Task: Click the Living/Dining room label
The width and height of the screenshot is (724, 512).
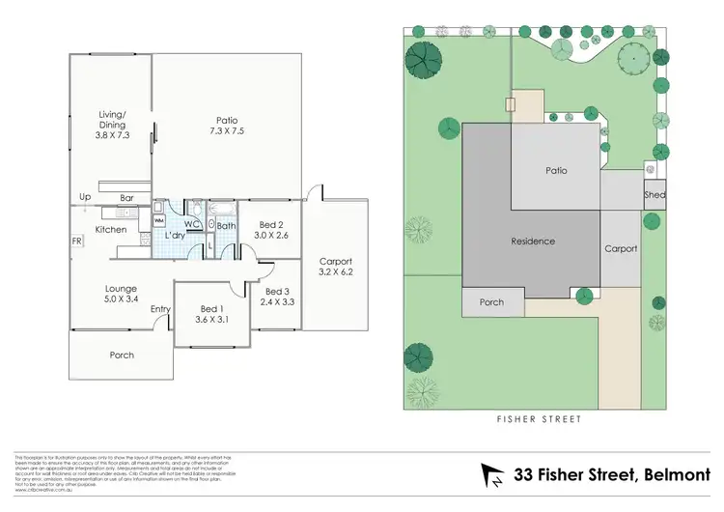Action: tap(112, 125)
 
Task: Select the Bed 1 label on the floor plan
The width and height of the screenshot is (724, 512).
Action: tap(210, 313)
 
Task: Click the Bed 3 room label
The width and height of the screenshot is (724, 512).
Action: tap(276, 297)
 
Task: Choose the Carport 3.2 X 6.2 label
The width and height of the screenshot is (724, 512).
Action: tap(336, 267)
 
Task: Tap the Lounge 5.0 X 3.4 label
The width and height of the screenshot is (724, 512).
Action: tap(122, 294)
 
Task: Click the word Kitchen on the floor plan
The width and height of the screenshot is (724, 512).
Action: tap(111, 230)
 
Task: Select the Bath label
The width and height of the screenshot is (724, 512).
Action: tap(226, 226)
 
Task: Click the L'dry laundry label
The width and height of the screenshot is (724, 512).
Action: tap(175, 236)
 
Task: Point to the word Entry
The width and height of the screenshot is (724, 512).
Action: tap(160, 309)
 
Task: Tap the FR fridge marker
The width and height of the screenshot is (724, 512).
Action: tap(75, 242)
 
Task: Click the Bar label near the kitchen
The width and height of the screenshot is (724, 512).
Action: tap(126, 199)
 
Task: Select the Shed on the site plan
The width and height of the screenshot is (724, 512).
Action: tap(654, 195)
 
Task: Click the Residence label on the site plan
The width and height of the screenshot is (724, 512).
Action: tap(533, 242)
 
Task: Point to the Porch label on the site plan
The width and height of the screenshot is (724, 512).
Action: tap(491, 302)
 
